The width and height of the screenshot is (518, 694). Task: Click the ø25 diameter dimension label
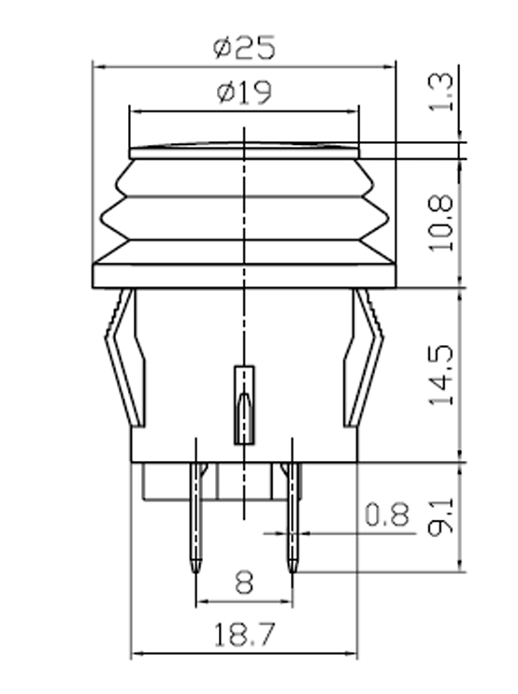(244, 46)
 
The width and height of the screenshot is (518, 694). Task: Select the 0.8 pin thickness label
(387, 513)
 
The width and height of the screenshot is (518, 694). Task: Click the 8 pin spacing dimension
(243, 584)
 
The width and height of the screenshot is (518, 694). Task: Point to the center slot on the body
(243, 405)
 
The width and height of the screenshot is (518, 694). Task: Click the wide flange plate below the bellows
(243, 275)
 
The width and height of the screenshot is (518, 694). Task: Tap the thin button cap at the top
(243, 151)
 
